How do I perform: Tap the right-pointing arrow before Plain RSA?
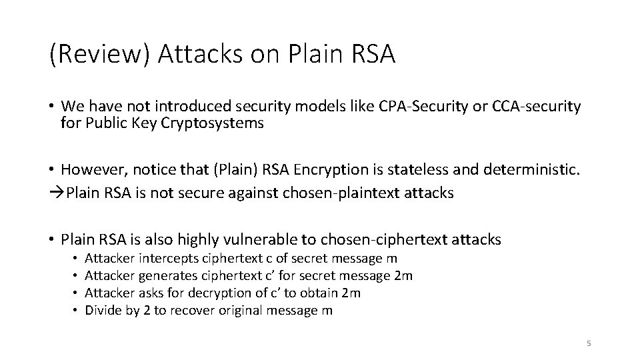[57, 193]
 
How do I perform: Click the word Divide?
[102, 310]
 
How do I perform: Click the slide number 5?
[589, 343]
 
